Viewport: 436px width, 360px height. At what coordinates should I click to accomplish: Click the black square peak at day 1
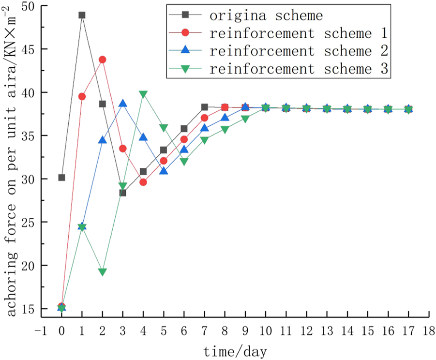tap(82, 15)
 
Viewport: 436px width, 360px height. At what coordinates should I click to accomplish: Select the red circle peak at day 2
tap(102, 60)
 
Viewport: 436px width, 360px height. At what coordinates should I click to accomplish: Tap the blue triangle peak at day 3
tap(123, 104)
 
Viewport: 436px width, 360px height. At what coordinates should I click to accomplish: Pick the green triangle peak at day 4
tap(143, 94)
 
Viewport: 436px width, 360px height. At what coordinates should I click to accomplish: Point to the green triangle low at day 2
tap(102, 272)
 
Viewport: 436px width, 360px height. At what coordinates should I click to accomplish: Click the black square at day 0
tap(61, 178)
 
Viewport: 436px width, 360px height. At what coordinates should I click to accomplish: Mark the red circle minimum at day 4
tap(143, 182)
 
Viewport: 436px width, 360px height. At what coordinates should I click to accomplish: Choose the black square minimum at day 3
tap(123, 193)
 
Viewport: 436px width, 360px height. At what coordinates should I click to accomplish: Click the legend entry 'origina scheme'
tap(266, 15)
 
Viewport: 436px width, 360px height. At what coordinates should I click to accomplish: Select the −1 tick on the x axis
tap(41, 330)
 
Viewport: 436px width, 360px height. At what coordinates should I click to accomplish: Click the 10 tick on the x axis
tap(266, 330)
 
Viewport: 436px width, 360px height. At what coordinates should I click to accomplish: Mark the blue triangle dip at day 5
tap(164, 171)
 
